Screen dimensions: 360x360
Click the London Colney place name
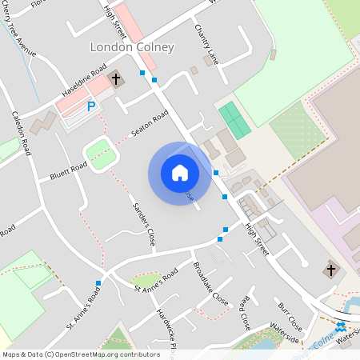point(132,47)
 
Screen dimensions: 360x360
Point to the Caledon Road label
point(20,132)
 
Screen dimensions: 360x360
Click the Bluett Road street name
point(68,169)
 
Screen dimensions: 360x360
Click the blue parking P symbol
point(91,106)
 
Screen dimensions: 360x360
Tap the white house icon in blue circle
point(180,173)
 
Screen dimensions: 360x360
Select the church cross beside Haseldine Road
point(116,78)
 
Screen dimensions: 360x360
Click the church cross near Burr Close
point(330,270)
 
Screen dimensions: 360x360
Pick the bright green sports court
point(234,120)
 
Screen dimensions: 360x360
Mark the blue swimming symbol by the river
point(341,327)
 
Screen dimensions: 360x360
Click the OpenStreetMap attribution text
point(81,354)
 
